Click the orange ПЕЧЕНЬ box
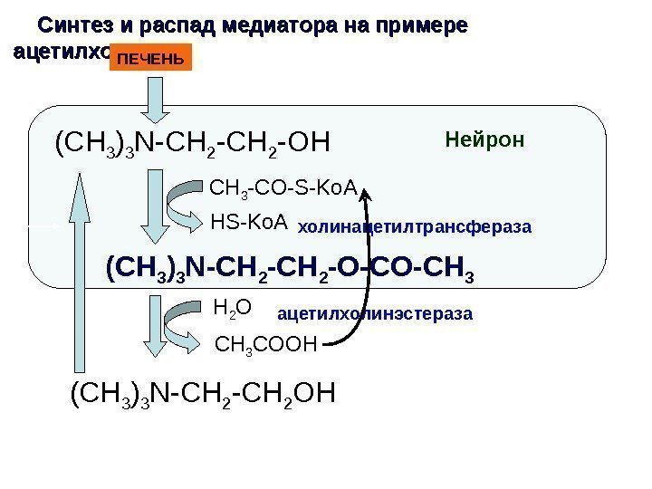coord(151,60)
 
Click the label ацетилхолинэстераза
coord(374,314)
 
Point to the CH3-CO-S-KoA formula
coord(284,190)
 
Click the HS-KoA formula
coord(248,221)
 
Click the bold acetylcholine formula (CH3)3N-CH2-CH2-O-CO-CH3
coord(290,269)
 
